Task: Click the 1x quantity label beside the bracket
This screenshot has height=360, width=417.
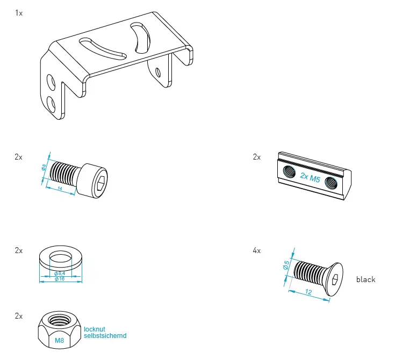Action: coord(19,12)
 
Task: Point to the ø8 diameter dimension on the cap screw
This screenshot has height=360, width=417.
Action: coord(45,168)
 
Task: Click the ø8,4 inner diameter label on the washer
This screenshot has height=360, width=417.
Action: coord(60,274)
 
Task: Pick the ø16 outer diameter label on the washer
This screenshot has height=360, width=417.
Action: coord(60,279)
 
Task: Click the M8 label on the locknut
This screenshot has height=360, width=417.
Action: coord(59,341)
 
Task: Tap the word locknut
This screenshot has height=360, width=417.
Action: coord(97,329)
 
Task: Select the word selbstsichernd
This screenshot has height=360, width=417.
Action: coord(105,336)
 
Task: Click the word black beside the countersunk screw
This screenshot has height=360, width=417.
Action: coord(365,279)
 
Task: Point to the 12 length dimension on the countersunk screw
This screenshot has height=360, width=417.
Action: coord(310,292)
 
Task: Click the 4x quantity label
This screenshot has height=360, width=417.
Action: coord(257,250)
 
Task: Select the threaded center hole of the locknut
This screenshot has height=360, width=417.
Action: coord(58,321)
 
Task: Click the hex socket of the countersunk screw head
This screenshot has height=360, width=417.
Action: coord(334,278)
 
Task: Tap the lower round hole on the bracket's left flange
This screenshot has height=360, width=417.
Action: coord(51,103)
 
